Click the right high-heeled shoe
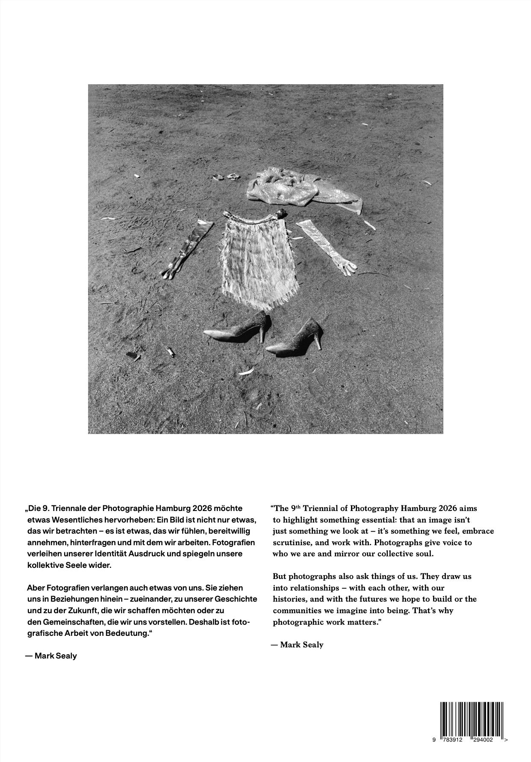295,340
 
